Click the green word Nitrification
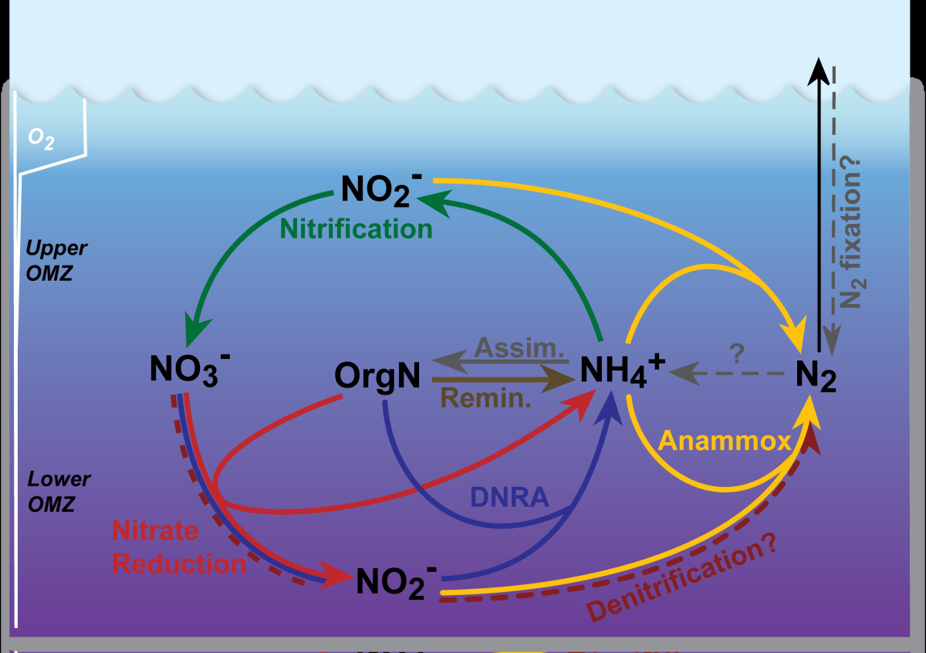356,228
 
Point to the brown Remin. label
486,398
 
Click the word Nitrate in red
155,531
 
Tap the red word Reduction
179,563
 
